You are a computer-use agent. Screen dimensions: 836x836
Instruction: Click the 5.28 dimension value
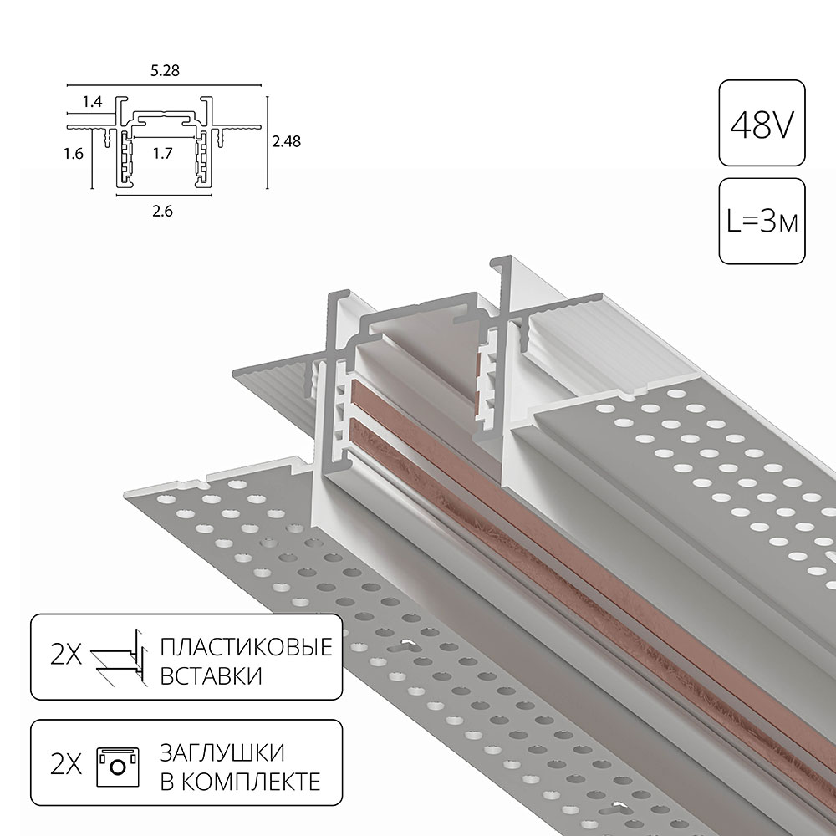click(x=165, y=70)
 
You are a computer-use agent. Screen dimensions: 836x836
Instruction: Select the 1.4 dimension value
click(x=92, y=101)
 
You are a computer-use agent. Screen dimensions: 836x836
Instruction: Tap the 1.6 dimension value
click(x=74, y=154)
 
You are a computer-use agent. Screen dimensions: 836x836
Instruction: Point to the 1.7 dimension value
click(x=163, y=154)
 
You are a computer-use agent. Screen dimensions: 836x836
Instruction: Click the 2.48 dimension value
click(x=286, y=141)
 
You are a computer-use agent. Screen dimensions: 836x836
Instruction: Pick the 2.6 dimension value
click(x=163, y=212)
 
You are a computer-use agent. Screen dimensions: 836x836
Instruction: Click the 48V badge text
click(x=762, y=125)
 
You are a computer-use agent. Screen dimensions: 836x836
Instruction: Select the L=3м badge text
click(x=762, y=222)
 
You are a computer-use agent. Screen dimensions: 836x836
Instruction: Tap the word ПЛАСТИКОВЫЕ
click(x=247, y=647)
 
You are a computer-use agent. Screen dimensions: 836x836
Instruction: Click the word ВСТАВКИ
click(x=212, y=675)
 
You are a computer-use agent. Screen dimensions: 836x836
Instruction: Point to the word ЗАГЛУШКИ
click(x=222, y=752)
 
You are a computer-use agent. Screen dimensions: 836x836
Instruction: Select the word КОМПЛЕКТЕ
click(x=251, y=781)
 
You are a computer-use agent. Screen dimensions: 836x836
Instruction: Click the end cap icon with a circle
click(x=118, y=767)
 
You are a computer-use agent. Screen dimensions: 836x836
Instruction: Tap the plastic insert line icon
click(x=119, y=657)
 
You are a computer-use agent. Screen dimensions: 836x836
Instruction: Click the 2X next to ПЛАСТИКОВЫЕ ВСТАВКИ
click(x=66, y=655)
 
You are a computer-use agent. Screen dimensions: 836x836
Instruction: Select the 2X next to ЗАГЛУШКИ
click(x=66, y=765)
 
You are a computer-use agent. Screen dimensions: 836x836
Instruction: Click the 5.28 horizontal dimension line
click(x=164, y=85)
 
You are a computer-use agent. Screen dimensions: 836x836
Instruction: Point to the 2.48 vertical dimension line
click(x=268, y=143)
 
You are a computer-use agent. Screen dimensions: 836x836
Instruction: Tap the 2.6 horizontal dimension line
click(x=164, y=195)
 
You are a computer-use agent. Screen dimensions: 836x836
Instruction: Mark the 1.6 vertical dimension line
click(x=92, y=159)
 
